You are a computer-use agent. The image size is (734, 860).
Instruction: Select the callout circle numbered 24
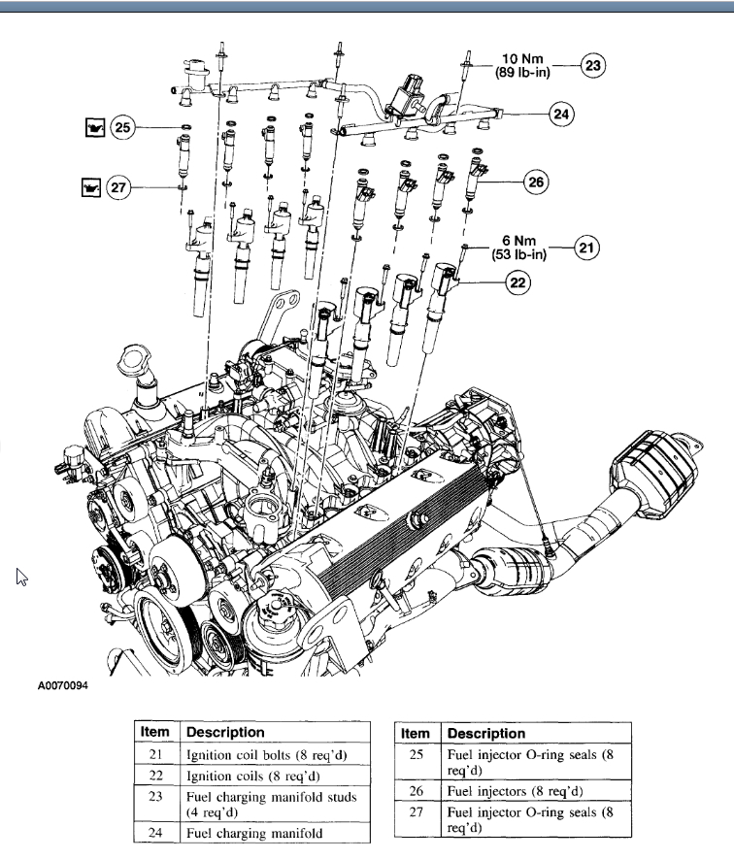[x=560, y=115]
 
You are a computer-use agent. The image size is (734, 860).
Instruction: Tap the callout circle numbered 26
[x=537, y=181]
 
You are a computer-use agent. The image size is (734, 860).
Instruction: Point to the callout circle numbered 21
[x=586, y=248]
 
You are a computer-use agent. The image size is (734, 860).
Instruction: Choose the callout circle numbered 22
[x=517, y=283]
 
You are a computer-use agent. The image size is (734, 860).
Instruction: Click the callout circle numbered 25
[x=121, y=126]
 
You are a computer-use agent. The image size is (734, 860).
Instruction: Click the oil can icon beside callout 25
[x=93, y=126]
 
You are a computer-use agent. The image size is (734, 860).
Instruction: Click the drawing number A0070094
[x=63, y=686]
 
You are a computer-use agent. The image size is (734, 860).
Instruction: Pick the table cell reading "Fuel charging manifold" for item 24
[x=255, y=833]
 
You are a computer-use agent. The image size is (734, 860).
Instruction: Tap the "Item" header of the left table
[x=155, y=732]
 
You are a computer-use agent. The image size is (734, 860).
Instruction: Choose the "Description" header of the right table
[x=486, y=733]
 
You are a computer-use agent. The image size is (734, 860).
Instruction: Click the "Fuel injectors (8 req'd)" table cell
[x=515, y=791]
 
